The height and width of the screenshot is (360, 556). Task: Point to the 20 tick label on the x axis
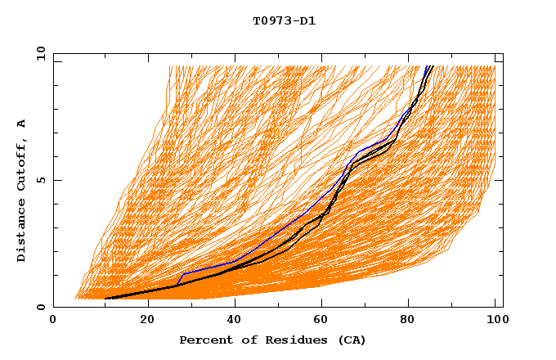[x=148, y=321]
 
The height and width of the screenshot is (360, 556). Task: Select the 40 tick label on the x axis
[x=237, y=321]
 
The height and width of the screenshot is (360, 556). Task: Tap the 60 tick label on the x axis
[x=325, y=321]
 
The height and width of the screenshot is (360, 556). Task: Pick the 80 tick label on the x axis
[x=415, y=321]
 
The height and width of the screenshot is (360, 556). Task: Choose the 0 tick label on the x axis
[x=53, y=321]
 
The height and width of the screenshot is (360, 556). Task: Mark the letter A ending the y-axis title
[x=21, y=124]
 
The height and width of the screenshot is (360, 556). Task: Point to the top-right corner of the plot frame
[x=503, y=53]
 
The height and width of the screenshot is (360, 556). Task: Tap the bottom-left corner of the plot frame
[x=53, y=307]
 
